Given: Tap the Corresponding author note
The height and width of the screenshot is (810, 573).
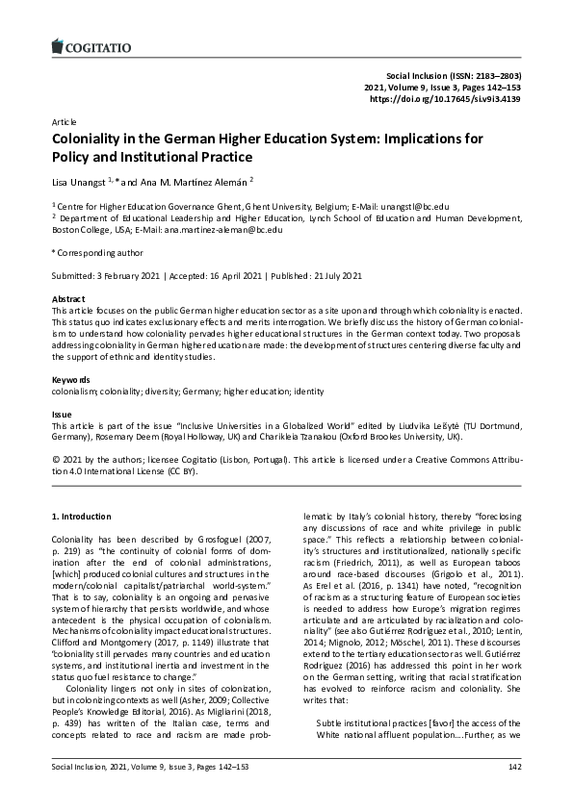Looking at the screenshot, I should tap(96, 252).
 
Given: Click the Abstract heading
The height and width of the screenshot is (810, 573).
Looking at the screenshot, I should tap(68, 299).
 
